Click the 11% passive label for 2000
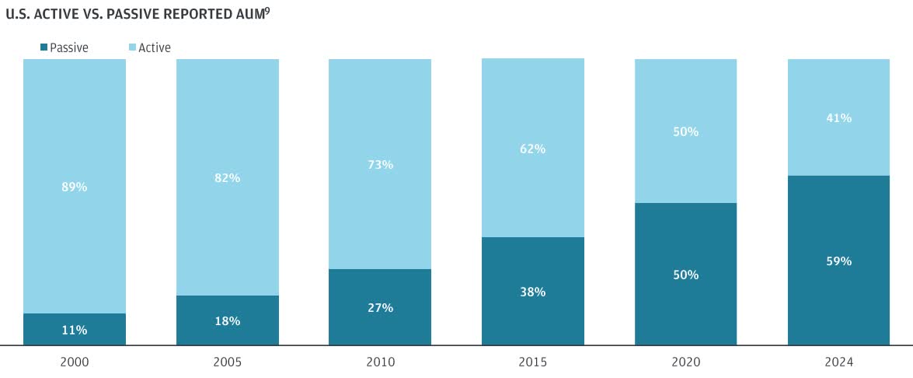pos(75,330)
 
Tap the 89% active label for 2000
pos(75,187)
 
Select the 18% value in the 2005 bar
pos(228,320)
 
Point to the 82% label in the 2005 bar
pos(228,177)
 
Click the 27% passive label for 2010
pos(381,307)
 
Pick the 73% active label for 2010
pos(381,164)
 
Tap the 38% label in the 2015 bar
pos(533,292)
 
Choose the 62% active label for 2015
pos(533,149)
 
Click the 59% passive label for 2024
pos(839,261)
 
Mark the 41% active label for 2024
pos(839,118)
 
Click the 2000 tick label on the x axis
pos(75,362)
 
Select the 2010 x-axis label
pos(381,362)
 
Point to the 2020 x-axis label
pos(686,362)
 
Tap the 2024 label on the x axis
pos(839,362)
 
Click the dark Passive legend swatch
pos(44,48)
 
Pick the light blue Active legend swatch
pos(133,48)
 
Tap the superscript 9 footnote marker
pos(267,10)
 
